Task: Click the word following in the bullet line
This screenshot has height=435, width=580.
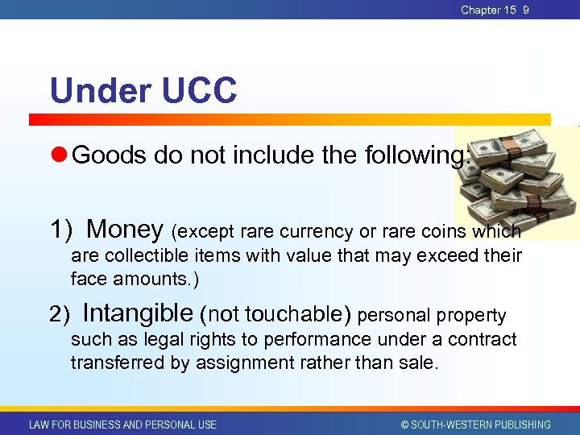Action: pyautogui.click(x=404, y=154)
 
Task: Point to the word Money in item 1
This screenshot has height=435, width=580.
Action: pyautogui.click(x=125, y=230)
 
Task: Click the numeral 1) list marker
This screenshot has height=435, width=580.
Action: pyautogui.click(x=62, y=230)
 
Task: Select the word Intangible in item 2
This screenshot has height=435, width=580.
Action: pyautogui.click(x=138, y=313)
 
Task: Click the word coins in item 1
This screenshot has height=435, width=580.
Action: pyautogui.click(x=451, y=231)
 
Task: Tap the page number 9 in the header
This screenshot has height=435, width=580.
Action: pyautogui.click(x=526, y=10)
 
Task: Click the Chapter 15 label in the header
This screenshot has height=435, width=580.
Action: pyautogui.click(x=488, y=10)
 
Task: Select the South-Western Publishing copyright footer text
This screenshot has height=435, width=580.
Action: pyautogui.click(x=475, y=425)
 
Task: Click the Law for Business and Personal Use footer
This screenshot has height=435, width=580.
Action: pyautogui.click(x=122, y=425)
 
